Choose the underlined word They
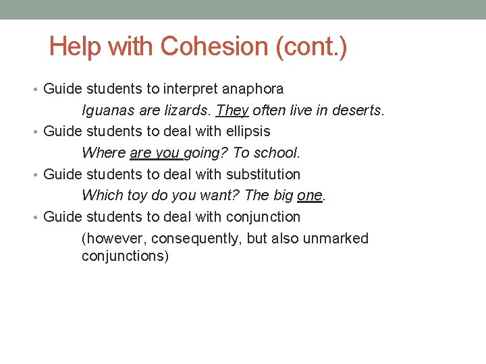[232, 110]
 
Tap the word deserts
[358, 110]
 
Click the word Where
[103, 153]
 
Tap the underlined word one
[310, 195]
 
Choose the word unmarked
[335, 239]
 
